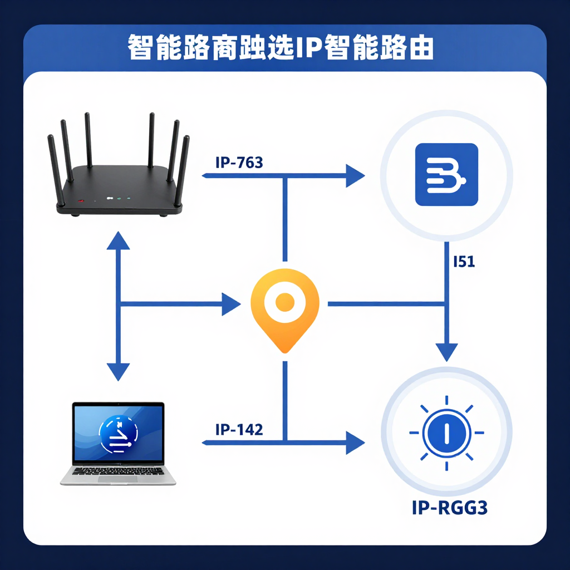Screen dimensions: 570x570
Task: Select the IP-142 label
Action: (239, 429)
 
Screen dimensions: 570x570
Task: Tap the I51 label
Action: (464, 261)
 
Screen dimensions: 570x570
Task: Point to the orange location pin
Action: (285, 309)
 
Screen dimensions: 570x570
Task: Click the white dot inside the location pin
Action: (285, 302)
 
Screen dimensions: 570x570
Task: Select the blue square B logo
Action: (446, 174)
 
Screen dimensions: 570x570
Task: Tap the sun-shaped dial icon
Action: (446, 433)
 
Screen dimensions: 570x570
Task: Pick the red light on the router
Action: (81, 200)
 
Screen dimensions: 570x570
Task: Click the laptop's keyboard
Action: (118, 471)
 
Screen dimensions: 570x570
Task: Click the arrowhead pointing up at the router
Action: (118, 240)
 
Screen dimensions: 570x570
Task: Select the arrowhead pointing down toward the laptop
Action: (118, 371)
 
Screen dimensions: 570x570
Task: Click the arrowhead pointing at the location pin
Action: (231, 304)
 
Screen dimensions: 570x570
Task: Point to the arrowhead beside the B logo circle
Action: (354, 176)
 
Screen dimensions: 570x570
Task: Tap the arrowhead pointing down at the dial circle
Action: (446, 352)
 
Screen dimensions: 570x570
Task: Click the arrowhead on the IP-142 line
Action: (354, 443)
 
